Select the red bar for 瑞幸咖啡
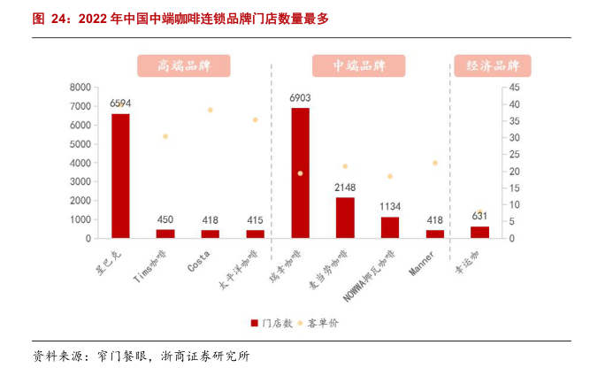pos(300,172)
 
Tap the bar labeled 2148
pos(345,217)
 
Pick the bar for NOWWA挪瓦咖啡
pos(390,226)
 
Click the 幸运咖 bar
pos(479,232)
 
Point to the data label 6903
pos(300,97)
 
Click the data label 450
pos(165,220)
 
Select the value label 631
pos(479,218)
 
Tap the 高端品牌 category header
pos(183,65)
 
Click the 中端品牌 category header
pos(358,65)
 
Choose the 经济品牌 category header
pos(493,65)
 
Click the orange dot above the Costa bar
pos(211,110)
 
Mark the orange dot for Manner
pos(435,163)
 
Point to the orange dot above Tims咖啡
pos(165,136)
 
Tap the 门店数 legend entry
pos(272,324)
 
